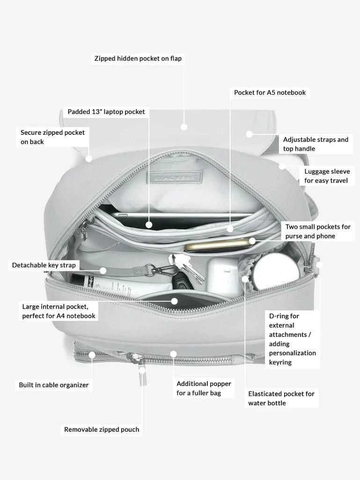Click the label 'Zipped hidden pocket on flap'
138,59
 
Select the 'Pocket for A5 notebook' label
270,92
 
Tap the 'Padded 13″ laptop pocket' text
106,112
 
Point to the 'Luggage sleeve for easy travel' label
326,176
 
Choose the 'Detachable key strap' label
44,266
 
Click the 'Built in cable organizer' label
53,385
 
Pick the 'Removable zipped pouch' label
102,429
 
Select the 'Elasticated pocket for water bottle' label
281,399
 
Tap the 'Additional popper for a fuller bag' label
204,388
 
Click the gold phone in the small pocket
218,245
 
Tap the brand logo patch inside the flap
174,178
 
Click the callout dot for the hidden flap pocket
184,127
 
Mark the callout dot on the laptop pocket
149,225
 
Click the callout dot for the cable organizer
92,355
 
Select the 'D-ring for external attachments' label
292,339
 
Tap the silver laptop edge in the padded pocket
183,216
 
